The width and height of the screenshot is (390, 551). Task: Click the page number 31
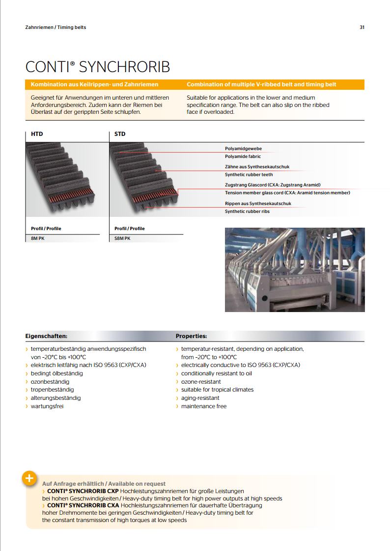click(x=362, y=27)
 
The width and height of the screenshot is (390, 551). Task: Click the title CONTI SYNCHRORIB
click(x=98, y=67)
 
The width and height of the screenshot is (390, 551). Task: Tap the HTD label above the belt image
click(x=37, y=134)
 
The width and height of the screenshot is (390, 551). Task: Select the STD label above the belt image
click(x=120, y=134)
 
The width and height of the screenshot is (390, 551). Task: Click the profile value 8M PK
click(x=37, y=238)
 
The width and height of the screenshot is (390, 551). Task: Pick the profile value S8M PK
click(x=122, y=238)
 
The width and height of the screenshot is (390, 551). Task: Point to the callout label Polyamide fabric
click(x=243, y=157)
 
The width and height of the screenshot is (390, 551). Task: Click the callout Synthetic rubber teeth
click(x=249, y=175)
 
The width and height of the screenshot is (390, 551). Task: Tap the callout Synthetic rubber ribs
click(x=247, y=211)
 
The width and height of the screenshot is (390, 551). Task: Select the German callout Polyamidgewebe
click(x=243, y=148)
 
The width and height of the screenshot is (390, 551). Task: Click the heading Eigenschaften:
click(x=46, y=337)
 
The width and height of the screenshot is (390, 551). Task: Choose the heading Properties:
click(x=191, y=337)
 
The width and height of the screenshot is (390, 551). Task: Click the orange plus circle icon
click(x=29, y=478)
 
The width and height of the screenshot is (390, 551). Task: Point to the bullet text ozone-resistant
click(x=201, y=382)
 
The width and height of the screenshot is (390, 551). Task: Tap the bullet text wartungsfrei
click(x=47, y=406)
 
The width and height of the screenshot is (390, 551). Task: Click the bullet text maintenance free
click(x=204, y=406)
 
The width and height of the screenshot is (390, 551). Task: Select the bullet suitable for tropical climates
click(x=217, y=390)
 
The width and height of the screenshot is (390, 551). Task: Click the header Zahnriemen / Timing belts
click(x=56, y=27)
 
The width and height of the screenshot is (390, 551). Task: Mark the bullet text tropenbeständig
click(x=52, y=390)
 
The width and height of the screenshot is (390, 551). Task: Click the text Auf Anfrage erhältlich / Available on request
click(x=104, y=484)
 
